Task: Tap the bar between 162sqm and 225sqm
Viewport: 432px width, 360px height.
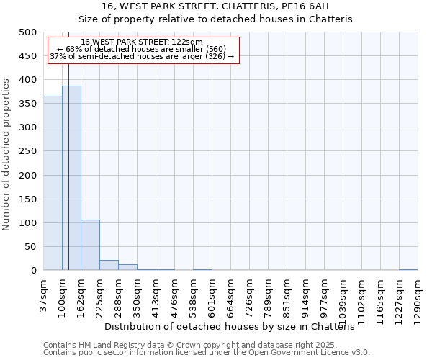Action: click(x=90, y=245)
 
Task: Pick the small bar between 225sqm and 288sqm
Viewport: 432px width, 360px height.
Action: click(x=109, y=265)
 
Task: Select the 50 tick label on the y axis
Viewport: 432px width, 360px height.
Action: click(x=31, y=247)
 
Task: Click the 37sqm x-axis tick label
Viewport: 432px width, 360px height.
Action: click(x=44, y=296)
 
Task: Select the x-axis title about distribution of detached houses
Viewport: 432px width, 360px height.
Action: click(x=235, y=327)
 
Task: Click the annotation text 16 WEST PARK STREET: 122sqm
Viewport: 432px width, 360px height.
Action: click(x=142, y=42)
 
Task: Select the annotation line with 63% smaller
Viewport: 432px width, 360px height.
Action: click(x=142, y=49)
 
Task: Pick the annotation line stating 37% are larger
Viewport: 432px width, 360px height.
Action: click(x=142, y=56)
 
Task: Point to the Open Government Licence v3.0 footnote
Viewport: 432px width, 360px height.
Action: click(x=206, y=353)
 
